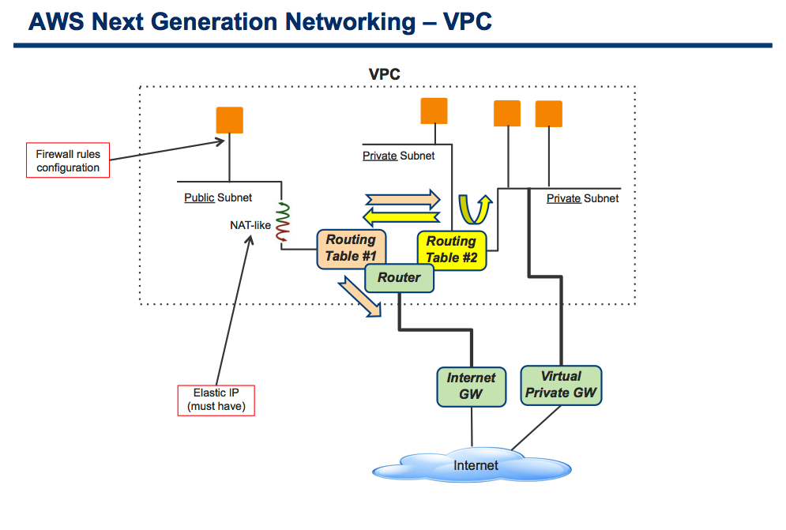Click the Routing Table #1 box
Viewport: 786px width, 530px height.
pos(352,249)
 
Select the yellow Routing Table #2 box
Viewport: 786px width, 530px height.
pos(452,250)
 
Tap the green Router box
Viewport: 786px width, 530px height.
pos(399,278)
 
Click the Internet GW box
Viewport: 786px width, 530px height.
pos(471,386)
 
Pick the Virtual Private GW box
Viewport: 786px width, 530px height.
pos(561,385)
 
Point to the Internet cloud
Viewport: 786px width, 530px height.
pos(472,464)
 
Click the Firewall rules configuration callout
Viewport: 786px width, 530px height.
pos(68,160)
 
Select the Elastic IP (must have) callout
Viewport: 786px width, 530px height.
pos(216,400)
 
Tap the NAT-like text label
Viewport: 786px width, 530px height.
pos(250,226)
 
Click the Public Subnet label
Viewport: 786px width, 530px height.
pos(218,197)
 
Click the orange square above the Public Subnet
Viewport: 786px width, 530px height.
pos(230,120)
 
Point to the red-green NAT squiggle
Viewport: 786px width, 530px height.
pos(284,222)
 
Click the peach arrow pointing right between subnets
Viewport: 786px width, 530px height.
pos(403,200)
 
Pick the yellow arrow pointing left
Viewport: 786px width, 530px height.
pos(401,217)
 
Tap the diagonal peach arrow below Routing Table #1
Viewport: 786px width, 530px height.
pos(360,297)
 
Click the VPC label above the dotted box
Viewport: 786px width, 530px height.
pos(385,74)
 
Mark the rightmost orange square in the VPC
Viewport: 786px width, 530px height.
pos(549,114)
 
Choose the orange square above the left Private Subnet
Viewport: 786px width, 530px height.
pos(434,111)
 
